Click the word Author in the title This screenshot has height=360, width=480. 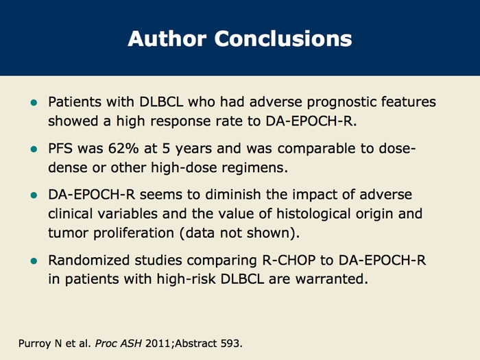coord(167,38)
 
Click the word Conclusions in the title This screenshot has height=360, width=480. coord(283,38)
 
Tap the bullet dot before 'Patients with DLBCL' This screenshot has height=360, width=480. coord(34,103)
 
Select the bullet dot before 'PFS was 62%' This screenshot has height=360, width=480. coord(34,149)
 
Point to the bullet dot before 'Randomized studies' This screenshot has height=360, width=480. coord(34,261)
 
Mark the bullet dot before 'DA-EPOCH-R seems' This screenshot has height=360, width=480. coord(34,195)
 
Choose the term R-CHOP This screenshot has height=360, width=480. coord(289,260)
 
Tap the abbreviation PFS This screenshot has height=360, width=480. coord(60,149)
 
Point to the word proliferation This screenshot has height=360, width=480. coord(134,233)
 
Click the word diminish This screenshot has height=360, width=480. coord(233,194)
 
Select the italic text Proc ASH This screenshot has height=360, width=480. coord(119,344)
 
